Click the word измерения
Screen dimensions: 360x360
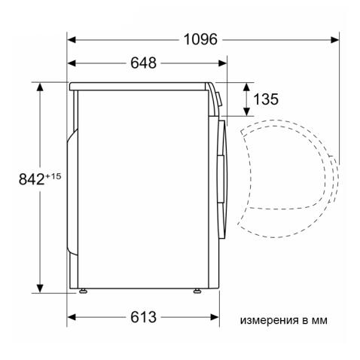tap(266, 320)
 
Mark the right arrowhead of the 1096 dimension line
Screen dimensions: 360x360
tap(334, 39)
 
